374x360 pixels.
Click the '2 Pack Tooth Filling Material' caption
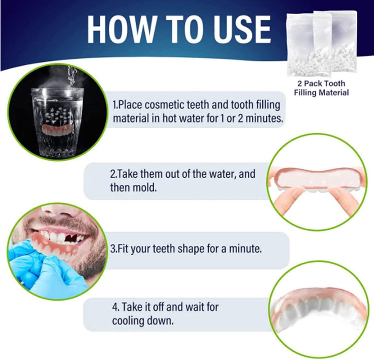321,88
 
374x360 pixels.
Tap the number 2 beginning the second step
112,174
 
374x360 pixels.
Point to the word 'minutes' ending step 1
264,118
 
